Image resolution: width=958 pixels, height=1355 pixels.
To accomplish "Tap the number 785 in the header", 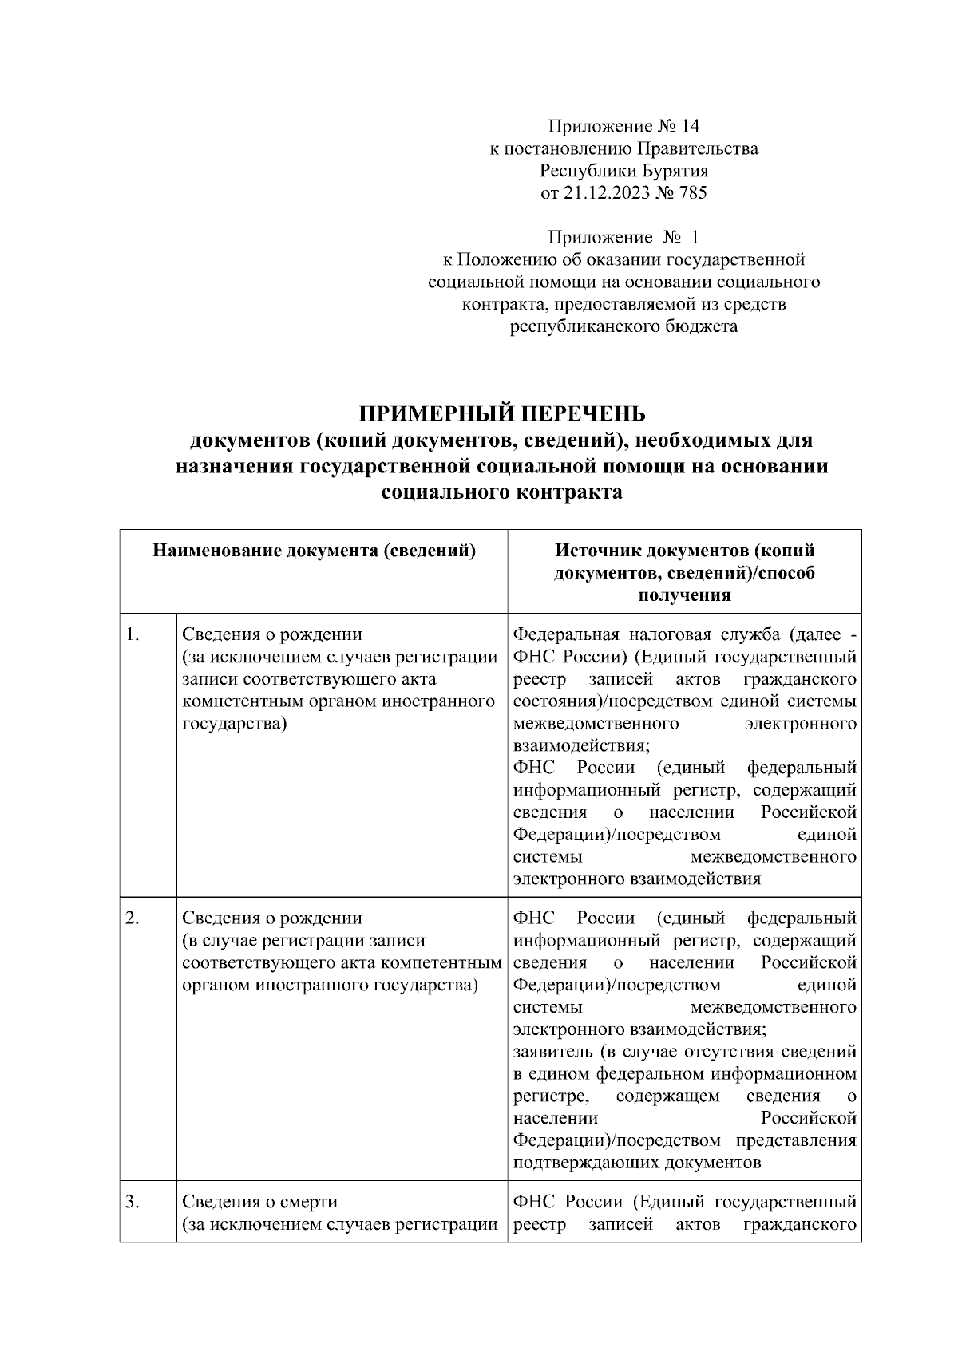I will [x=691, y=192].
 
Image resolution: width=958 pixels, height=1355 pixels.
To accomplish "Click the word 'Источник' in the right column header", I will [x=600, y=551].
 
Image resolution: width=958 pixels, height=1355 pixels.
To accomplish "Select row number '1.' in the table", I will [x=133, y=635].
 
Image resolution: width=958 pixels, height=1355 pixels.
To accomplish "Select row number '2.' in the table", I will [x=133, y=918].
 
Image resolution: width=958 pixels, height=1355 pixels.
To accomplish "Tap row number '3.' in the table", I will [x=133, y=1202].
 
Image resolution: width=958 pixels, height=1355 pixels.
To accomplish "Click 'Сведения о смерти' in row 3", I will [x=260, y=1202].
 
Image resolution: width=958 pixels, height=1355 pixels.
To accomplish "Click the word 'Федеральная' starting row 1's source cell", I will [x=566, y=635].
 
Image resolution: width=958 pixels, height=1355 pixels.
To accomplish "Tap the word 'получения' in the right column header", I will [x=684, y=595].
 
